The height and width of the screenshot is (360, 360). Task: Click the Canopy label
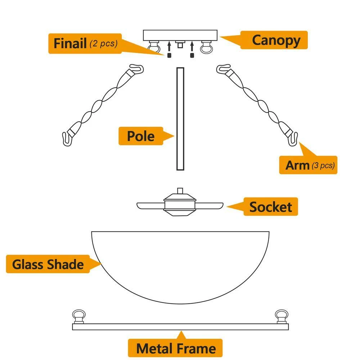[x=275, y=40]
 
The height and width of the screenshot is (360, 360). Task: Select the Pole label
[x=141, y=136]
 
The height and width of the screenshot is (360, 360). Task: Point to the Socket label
[x=271, y=207]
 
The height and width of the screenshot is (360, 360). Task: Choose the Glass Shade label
[x=48, y=264]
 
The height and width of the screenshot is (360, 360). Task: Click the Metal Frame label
[x=176, y=348]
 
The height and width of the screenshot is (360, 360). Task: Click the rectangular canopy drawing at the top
[x=180, y=35]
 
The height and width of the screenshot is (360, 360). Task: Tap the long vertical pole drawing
[x=180, y=118]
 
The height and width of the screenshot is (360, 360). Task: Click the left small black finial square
[x=168, y=55]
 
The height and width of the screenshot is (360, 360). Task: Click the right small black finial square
[x=192, y=55]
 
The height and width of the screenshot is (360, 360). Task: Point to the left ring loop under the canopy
[x=155, y=47]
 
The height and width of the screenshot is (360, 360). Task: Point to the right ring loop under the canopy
[x=206, y=48]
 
